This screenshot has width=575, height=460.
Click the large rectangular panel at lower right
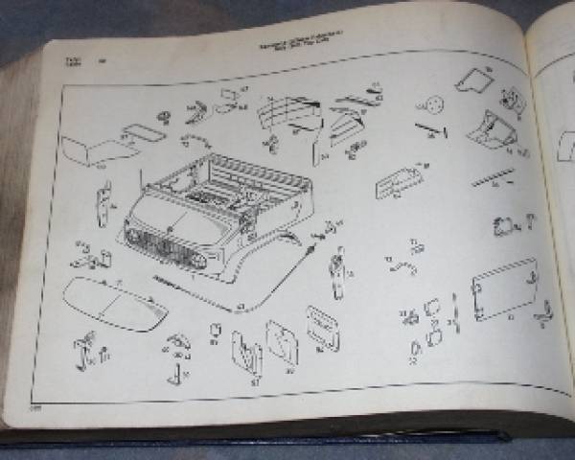pyautogui.click(x=504, y=287)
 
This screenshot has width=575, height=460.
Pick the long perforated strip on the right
pyautogui.click(x=493, y=178)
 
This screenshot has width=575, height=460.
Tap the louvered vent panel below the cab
pyautogui.click(x=322, y=326)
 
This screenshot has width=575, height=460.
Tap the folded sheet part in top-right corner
pyautogui.click(x=473, y=81)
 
